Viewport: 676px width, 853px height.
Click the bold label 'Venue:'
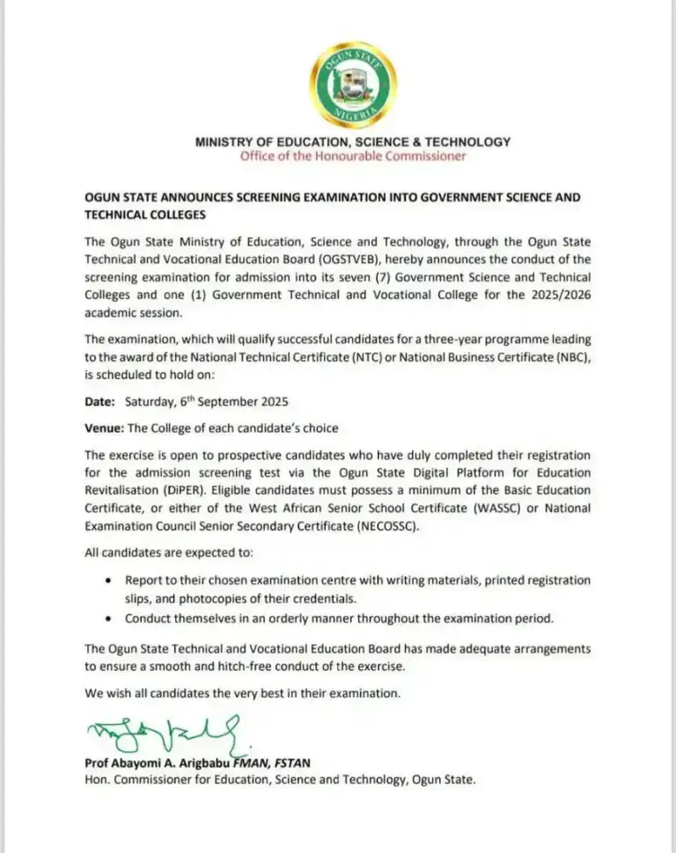tap(104, 428)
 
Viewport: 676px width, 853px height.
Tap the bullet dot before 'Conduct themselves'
tap(107, 618)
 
